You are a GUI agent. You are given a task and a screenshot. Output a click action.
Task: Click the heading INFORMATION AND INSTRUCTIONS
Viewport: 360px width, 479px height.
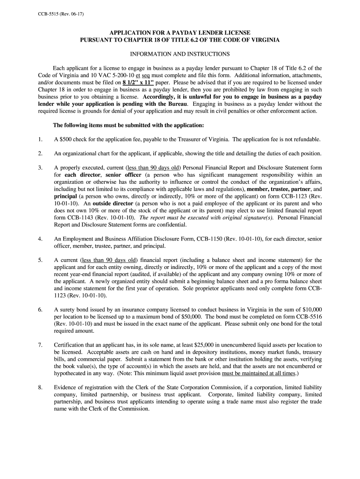coord(180,54)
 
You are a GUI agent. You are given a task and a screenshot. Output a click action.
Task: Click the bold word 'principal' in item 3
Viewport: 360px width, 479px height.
coord(65,196)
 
